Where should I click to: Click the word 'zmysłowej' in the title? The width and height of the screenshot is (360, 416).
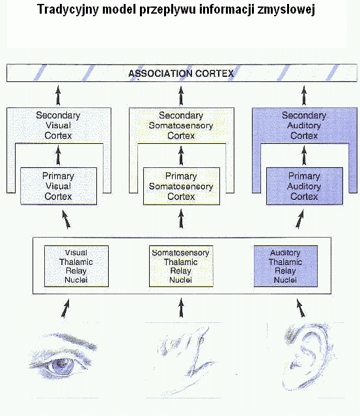(x=286, y=10)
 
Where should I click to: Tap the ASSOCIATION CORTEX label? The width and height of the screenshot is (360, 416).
(x=181, y=74)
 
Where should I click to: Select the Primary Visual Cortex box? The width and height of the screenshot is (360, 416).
(x=59, y=186)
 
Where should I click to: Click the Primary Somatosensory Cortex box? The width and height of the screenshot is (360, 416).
(x=182, y=186)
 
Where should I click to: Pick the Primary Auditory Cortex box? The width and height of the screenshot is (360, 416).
(x=305, y=186)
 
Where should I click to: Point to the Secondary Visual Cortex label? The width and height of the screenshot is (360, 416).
(x=58, y=125)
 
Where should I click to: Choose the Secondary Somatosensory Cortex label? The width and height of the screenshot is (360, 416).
(x=181, y=125)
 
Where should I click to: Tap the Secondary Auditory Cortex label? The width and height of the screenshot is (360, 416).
(x=304, y=125)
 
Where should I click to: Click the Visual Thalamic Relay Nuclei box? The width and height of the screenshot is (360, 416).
(x=76, y=266)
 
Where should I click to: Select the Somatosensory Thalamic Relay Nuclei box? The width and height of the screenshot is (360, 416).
(x=181, y=266)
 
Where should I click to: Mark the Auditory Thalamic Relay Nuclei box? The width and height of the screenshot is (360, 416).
(x=286, y=266)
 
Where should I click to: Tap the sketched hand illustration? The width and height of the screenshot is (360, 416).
(x=186, y=358)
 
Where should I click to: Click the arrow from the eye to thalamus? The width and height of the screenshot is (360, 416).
(x=65, y=309)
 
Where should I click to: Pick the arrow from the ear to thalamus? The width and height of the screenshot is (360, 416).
(x=301, y=309)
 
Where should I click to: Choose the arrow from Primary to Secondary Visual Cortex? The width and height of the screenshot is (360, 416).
(x=59, y=156)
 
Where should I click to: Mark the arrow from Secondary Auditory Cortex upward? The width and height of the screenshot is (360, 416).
(x=304, y=96)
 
